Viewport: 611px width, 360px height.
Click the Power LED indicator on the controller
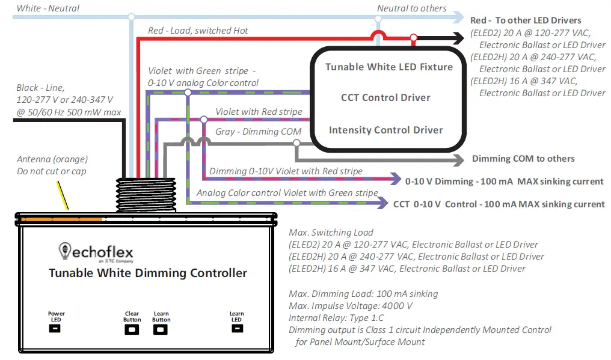tap(55, 329)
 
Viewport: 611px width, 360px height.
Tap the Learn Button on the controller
tap(161, 329)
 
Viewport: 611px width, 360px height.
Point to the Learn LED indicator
tap(236, 329)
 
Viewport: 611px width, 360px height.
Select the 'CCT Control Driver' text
tap(385, 97)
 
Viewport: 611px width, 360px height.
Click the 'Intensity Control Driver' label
tap(385, 130)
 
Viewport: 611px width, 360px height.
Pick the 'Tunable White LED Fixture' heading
tap(389, 67)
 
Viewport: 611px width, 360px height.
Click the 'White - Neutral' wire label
tap(48, 8)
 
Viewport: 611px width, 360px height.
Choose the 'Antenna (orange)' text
tap(52, 159)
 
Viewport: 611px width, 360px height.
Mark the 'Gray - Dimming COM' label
tap(258, 132)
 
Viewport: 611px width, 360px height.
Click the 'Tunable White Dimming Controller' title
tap(148, 273)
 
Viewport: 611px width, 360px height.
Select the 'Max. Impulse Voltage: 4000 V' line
tap(345, 306)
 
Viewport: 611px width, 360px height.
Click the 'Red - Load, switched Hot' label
tap(198, 30)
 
